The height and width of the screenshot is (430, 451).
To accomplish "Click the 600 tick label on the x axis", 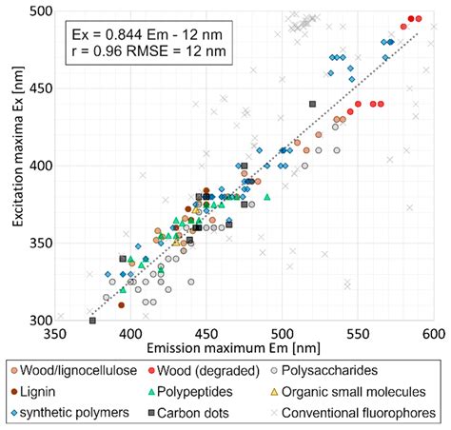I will coord(434,335).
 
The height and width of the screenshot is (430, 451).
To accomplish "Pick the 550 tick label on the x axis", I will coord(358,335).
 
